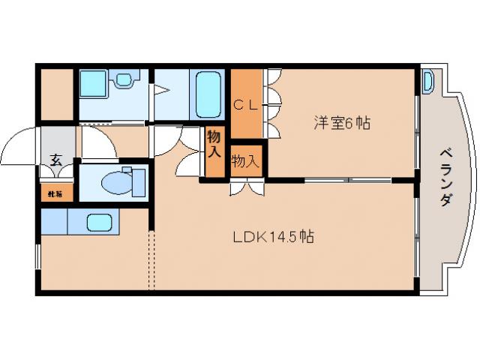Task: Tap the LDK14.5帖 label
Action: click(272, 237)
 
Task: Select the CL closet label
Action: click(245, 105)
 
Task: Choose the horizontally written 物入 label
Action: click(245, 160)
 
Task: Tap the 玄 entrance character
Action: click(55, 159)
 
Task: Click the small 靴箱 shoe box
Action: click(55, 193)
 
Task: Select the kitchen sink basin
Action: click(99, 222)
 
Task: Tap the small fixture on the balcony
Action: click(427, 81)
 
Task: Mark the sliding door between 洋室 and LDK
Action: click(348, 180)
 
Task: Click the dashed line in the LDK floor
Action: click(152, 259)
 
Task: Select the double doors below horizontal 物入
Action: click(247, 187)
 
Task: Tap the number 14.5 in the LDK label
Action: click(283, 237)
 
